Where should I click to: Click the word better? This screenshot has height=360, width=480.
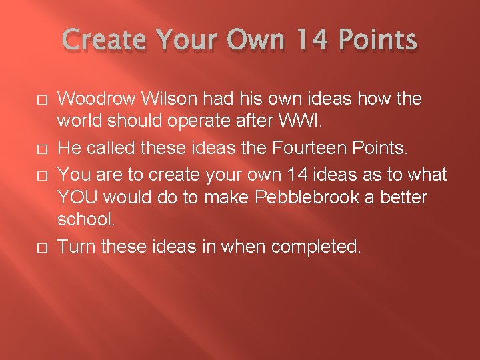(405, 198)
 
